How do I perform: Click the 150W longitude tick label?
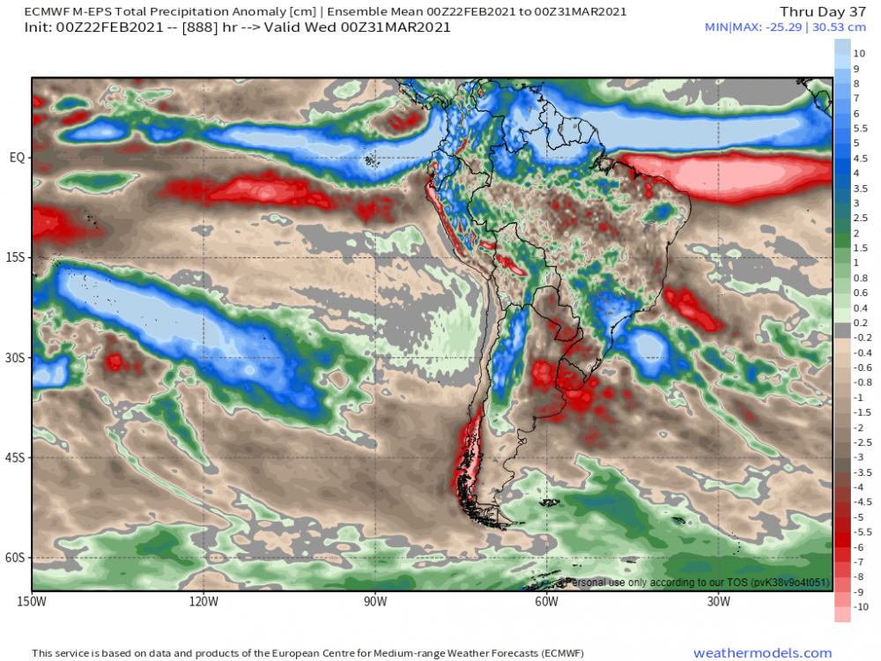(x=32, y=602)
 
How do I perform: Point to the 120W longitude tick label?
(x=203, y=602)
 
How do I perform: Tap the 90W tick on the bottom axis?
(x=374, y=602)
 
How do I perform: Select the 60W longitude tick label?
(x=546, y=602)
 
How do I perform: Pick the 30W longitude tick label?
(x=718, y=602)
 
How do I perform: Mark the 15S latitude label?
(x=17, y=257)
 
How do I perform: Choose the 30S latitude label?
(x=17, y=358)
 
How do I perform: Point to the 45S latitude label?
(x=17, y=457)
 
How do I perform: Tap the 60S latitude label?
(x=17, y=558)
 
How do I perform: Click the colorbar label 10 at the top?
(x=859, y=54)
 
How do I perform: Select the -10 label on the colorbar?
(x=861, y=607)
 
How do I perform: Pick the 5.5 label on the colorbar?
(x=861, y=129)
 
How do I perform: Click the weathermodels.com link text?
(x=762, y=653)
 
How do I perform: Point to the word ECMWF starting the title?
(x=50, y=11)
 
